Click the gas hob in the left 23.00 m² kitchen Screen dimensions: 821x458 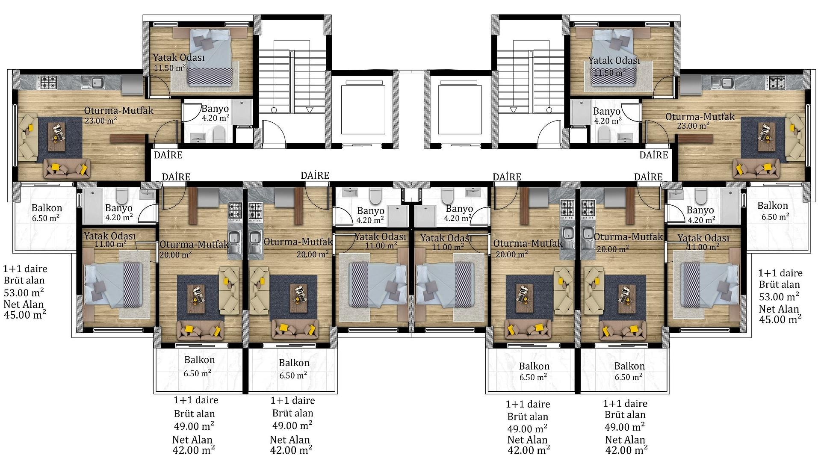click(x=49, y=82)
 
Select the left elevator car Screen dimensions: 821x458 click(x=363, y=109)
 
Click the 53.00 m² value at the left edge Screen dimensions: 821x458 click(x=24, y=293)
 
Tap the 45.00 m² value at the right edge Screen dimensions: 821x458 click(x=780, y=319)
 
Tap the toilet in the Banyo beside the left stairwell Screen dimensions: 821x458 click(x=220, y=134)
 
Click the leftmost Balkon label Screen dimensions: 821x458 click(x=47, y=208)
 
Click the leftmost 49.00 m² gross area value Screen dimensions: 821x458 click(x=194, y=426)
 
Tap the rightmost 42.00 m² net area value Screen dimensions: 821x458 click(x=626, y=450)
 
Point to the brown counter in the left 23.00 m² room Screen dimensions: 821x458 click(x=128, y=138)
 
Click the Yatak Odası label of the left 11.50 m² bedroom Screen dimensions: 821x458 click(x=179, y=57)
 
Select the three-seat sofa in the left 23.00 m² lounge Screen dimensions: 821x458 click(x=68, y=169)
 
